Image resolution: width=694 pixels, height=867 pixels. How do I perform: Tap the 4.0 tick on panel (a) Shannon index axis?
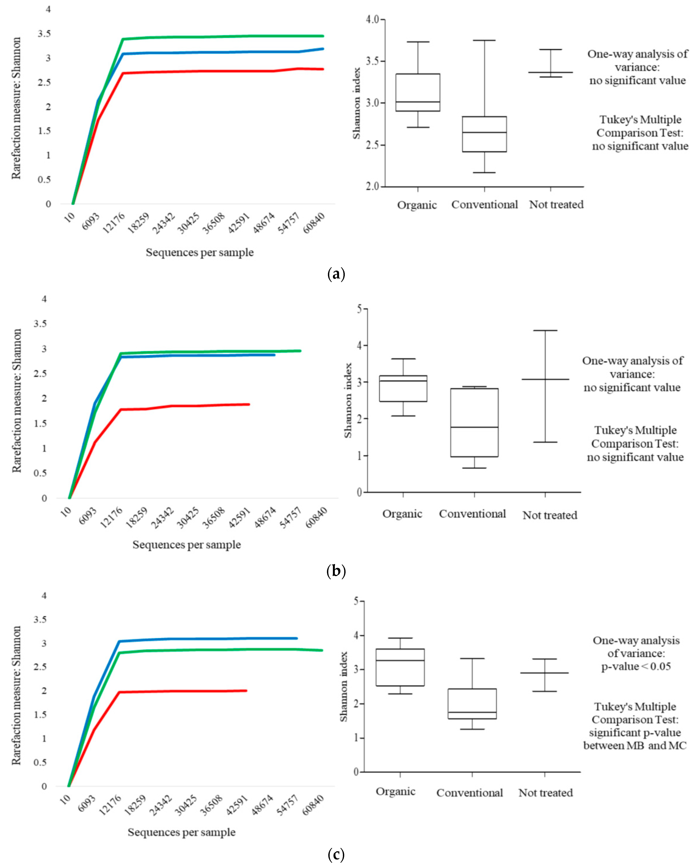point(372,19)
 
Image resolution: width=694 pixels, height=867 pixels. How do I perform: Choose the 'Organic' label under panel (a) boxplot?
point(417,205)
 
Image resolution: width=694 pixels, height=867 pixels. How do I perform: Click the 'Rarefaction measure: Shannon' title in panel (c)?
point(16,696)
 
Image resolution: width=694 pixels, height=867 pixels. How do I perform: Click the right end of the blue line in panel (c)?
point(297,638)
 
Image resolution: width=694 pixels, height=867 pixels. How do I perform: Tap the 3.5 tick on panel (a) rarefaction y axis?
point(44,33)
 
